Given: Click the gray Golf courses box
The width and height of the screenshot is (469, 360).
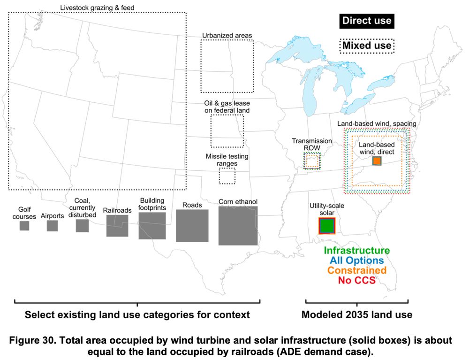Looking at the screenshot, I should point(24,226).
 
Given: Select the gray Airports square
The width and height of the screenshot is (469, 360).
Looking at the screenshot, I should point(52,226).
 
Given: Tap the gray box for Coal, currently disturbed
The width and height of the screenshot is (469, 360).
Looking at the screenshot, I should point(82,225).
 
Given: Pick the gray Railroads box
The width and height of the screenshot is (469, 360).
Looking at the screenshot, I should point(117,225).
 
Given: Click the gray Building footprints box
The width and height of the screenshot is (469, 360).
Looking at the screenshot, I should point(152,226).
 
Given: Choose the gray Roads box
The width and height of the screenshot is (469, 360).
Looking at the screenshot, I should point(192,226).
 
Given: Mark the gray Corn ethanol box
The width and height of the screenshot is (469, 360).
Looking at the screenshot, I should point(238,225).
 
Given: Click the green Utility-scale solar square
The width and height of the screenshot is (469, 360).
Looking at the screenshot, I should point(326,226).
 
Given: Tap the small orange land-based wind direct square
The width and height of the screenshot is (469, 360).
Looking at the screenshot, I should point(377,161).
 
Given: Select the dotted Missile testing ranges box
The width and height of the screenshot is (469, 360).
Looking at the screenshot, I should point(227,176).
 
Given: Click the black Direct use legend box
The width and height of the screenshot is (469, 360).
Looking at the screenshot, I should point(366,21).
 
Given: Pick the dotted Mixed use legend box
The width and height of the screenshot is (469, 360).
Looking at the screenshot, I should point(366,46).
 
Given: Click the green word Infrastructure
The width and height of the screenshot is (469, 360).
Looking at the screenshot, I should point(356,251).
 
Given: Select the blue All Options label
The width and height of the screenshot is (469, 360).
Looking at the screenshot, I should point(356,260).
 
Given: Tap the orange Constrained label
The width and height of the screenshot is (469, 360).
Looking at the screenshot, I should point(357,270).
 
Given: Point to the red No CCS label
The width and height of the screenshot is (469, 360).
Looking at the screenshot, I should point(357,281).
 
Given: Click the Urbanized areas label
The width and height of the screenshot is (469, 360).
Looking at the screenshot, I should point(227,35).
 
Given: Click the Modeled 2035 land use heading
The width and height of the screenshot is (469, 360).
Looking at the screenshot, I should point(357,314).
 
